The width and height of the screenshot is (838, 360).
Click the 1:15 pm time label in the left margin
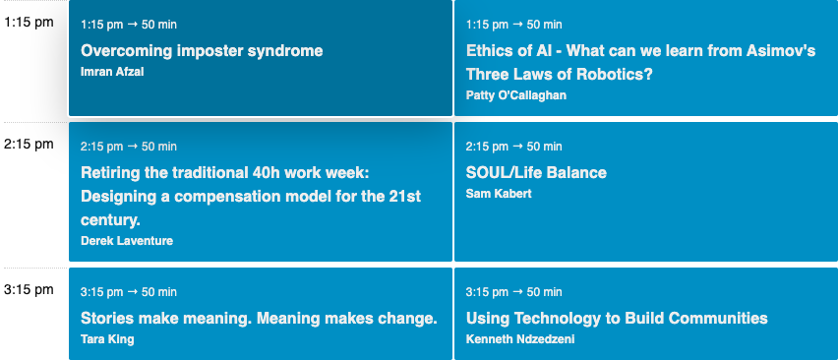(x=29, y=23)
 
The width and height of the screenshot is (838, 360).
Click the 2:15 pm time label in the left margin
(x=29, y=144)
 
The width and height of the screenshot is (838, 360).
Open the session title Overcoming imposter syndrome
(x=202, y=50)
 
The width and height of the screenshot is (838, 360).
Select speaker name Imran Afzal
(x=112, y=71)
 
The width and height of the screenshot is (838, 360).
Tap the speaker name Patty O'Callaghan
(x=515, y=94)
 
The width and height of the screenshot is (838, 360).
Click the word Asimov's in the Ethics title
(x=780, y=50)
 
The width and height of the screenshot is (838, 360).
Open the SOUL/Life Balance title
(x=536, y=172)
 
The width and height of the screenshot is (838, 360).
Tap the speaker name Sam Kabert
(x=499, y=193)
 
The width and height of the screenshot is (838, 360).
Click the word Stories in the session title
(x=108, y=318)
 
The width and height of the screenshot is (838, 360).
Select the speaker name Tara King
(x=107, y=338)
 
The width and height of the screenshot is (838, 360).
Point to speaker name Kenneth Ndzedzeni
(x=519, y=338)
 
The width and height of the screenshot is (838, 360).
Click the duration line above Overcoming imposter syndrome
(x=129, y=24)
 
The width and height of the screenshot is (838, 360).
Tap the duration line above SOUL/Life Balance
(x=513, y=147)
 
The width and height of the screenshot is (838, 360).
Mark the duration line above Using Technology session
(x=513, y=292)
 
